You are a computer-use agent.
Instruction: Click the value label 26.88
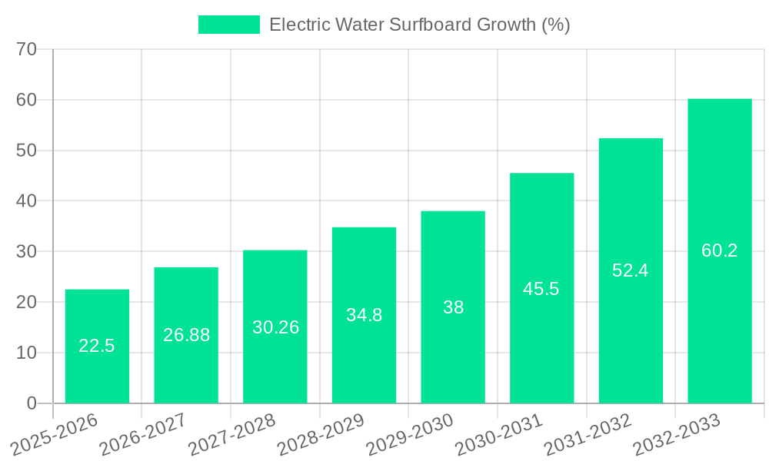click(186, 335)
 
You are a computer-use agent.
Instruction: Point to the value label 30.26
click(275, 327)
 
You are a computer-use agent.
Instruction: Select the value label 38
click(453, 307)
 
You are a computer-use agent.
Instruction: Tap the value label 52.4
click(631, 270)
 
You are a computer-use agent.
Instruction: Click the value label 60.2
click(720, 250)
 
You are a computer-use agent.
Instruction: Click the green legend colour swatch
click(229, 25)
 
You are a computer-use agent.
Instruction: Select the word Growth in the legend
click(505, 25)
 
